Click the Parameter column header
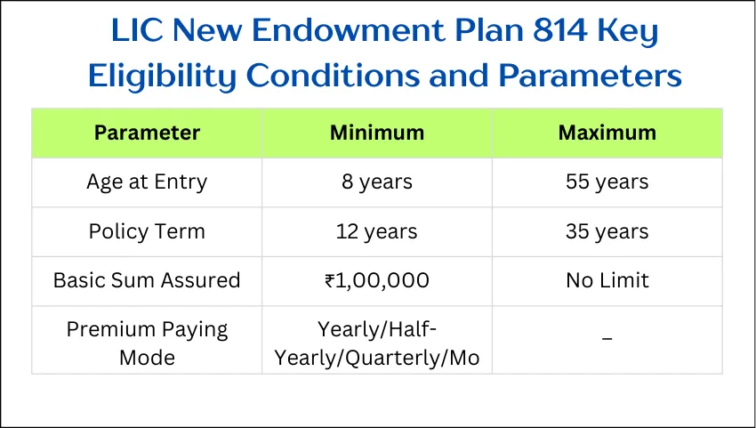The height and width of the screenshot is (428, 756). pos(147,133)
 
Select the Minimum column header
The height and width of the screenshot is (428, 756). pos(377,133)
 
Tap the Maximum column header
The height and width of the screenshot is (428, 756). pos(607,133)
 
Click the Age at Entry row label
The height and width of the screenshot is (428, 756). pos(147,182)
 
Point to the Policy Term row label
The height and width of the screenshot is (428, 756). pos(147,231)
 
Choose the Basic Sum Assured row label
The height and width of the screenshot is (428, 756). pos(147,280)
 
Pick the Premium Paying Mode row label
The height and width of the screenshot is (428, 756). pos(147,343)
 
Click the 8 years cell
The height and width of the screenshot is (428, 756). pos(377,182)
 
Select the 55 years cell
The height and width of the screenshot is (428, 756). pos(607,182)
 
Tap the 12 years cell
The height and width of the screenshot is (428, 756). pos(377,231)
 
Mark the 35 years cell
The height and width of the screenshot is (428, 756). pos(607,231)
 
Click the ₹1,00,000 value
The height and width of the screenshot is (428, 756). pos(377,280)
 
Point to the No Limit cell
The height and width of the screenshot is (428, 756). pos(607,280)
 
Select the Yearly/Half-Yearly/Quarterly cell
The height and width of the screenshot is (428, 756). pos(377,343)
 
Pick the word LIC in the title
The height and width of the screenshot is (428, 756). pos(140,32)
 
